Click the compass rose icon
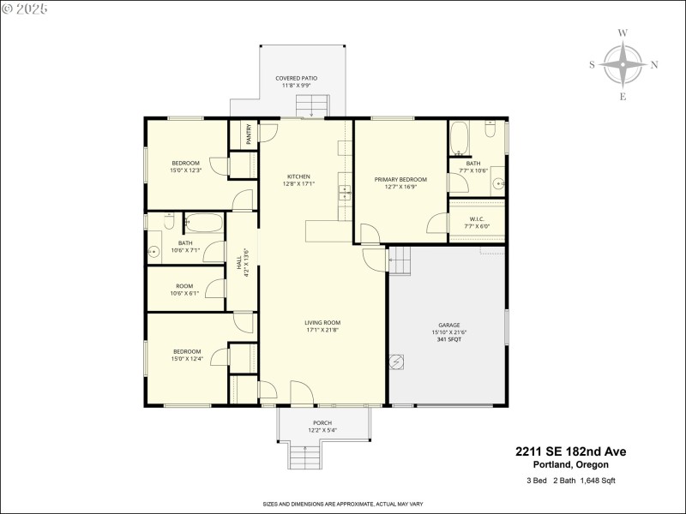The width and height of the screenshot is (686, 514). pyautogui.click(x=623, y=64)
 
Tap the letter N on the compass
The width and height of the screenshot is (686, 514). pyautogui.click(x=654, y=64)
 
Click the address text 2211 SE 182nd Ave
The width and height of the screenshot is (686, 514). pyautogui.click(x=570, y=451)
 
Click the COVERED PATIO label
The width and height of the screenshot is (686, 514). pyautogui.click(x=296, y=78)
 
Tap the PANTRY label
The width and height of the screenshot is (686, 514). pyautogui.click(x=249, y=135)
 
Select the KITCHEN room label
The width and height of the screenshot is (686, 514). pyautogui.click(x=298, y=176)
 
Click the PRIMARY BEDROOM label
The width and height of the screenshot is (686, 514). pyautogui.click(x=400, y=179)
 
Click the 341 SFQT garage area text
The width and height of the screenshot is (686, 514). pyautogui.click(x=449, y=340)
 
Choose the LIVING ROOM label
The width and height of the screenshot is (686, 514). pyautogui.click(x=322, y=323)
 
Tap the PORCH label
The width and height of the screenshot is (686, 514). pyautogui.click(x=322, y=422)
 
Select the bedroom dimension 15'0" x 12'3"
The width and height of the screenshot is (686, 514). pyautogui.click(x=185, y=171)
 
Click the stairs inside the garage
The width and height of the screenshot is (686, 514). pyautogui.click(x=400, y=259)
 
